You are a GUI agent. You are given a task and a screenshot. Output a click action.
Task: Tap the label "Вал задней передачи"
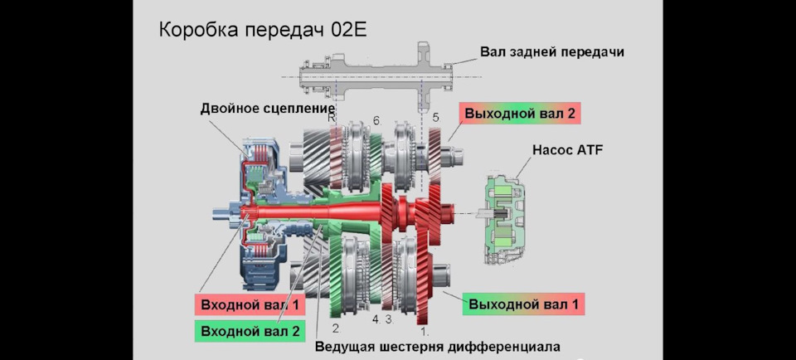(x=551, y=51)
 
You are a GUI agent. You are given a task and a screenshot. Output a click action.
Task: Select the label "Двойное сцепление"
(x=267, y=108)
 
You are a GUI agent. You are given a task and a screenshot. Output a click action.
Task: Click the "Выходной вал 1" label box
(x=522, y=304)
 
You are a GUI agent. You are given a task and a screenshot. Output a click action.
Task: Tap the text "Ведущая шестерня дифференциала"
(x=438, y=345)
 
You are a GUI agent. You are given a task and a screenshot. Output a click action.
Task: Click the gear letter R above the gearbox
(x=331, y=119)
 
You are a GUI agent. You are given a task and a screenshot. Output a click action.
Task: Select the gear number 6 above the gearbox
(x=376, y=121)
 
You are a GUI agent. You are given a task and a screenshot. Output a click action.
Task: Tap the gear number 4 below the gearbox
(x=375, y=319)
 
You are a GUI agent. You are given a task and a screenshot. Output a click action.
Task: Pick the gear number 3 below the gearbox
(x=387, y=319)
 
